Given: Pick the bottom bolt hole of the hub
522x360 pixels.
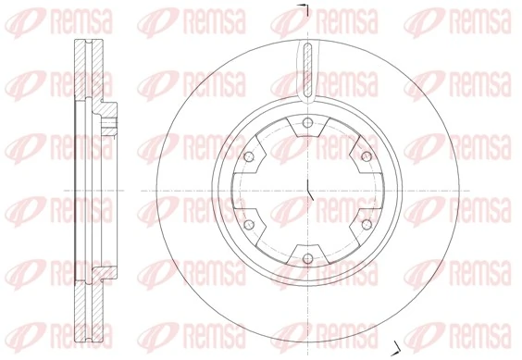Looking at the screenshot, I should click(306, 256).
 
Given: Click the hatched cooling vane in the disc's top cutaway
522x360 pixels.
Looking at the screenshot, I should click(306, 69).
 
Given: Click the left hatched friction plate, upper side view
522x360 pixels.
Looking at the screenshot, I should click(72, 74).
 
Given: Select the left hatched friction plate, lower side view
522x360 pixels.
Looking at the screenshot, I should click(72, 305).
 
